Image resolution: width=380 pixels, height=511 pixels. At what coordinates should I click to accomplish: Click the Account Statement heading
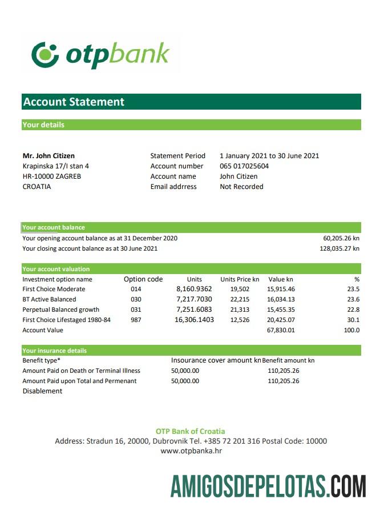[74, 102]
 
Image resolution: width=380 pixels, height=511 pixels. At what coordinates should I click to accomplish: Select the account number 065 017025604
[244, 166]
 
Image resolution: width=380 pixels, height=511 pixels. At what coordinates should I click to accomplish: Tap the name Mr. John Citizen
[48, 156]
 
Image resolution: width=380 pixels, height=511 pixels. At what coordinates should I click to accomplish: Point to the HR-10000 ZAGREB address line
[51, 176]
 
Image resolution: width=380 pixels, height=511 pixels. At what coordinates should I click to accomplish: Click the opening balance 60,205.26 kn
[341, 238]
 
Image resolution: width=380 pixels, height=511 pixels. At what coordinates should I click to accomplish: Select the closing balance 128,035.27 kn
[339, 248]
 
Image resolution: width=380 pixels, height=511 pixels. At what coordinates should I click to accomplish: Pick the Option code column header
[143, 279]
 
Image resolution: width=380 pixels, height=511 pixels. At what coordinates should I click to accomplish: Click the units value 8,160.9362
[194, 289]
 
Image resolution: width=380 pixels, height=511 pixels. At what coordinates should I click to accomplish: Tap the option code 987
[136, 320]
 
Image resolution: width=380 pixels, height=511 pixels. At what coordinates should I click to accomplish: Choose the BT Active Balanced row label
[49, 299]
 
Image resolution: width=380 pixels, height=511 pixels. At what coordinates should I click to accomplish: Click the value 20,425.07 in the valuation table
[281, 320]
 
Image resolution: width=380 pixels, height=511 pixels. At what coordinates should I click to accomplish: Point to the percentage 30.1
[354, 320]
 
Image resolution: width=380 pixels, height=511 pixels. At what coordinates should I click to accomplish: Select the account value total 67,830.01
[281, 330]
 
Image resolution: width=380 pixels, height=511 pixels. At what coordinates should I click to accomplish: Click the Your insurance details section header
[55, 351]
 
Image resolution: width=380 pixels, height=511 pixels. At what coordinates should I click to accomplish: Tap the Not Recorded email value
[241, 187]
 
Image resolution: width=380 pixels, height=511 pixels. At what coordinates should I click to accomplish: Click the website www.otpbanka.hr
[191, 451]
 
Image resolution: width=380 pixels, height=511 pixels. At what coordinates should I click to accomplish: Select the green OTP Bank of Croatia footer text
[191, 431]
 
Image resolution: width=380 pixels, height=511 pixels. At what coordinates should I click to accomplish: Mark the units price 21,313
[240, 309]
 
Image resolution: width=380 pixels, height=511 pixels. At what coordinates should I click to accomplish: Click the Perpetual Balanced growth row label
[60, 309]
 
